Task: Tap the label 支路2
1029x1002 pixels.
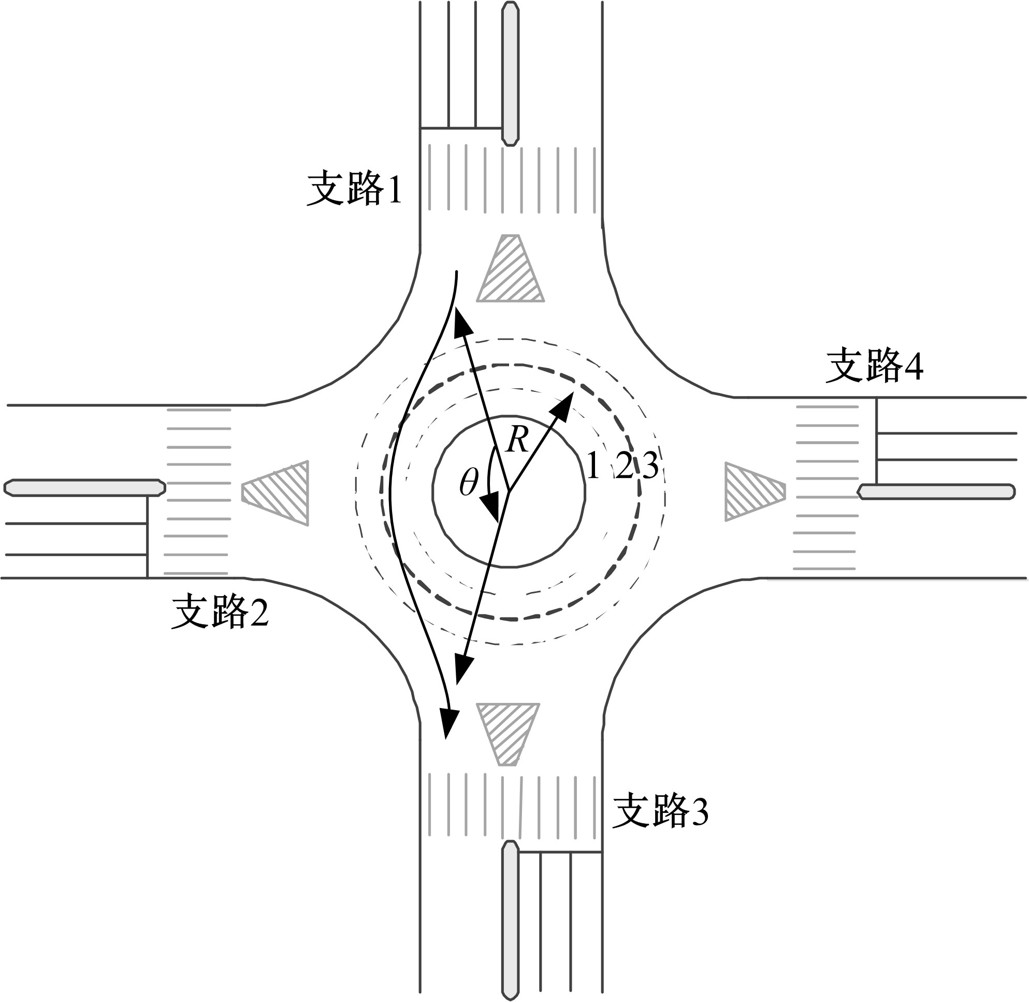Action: [x=220, y=612]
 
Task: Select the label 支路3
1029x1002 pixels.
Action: [x=660, y=811]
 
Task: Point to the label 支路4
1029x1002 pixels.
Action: [x=874, y=365]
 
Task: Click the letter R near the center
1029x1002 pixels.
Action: [x=517, y=441]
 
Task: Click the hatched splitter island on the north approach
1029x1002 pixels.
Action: [x=510, y=269]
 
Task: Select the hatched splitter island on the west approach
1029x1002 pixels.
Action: [x=275, y=493]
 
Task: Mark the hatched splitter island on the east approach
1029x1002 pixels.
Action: [x=755, y=491]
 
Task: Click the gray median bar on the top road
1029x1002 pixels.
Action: [x=510, y=74]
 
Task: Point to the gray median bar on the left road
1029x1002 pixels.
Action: [x=84, y=487]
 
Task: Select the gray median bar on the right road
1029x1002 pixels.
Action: [x=936, y=491]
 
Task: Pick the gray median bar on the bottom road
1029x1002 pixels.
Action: [x=510, y=921]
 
